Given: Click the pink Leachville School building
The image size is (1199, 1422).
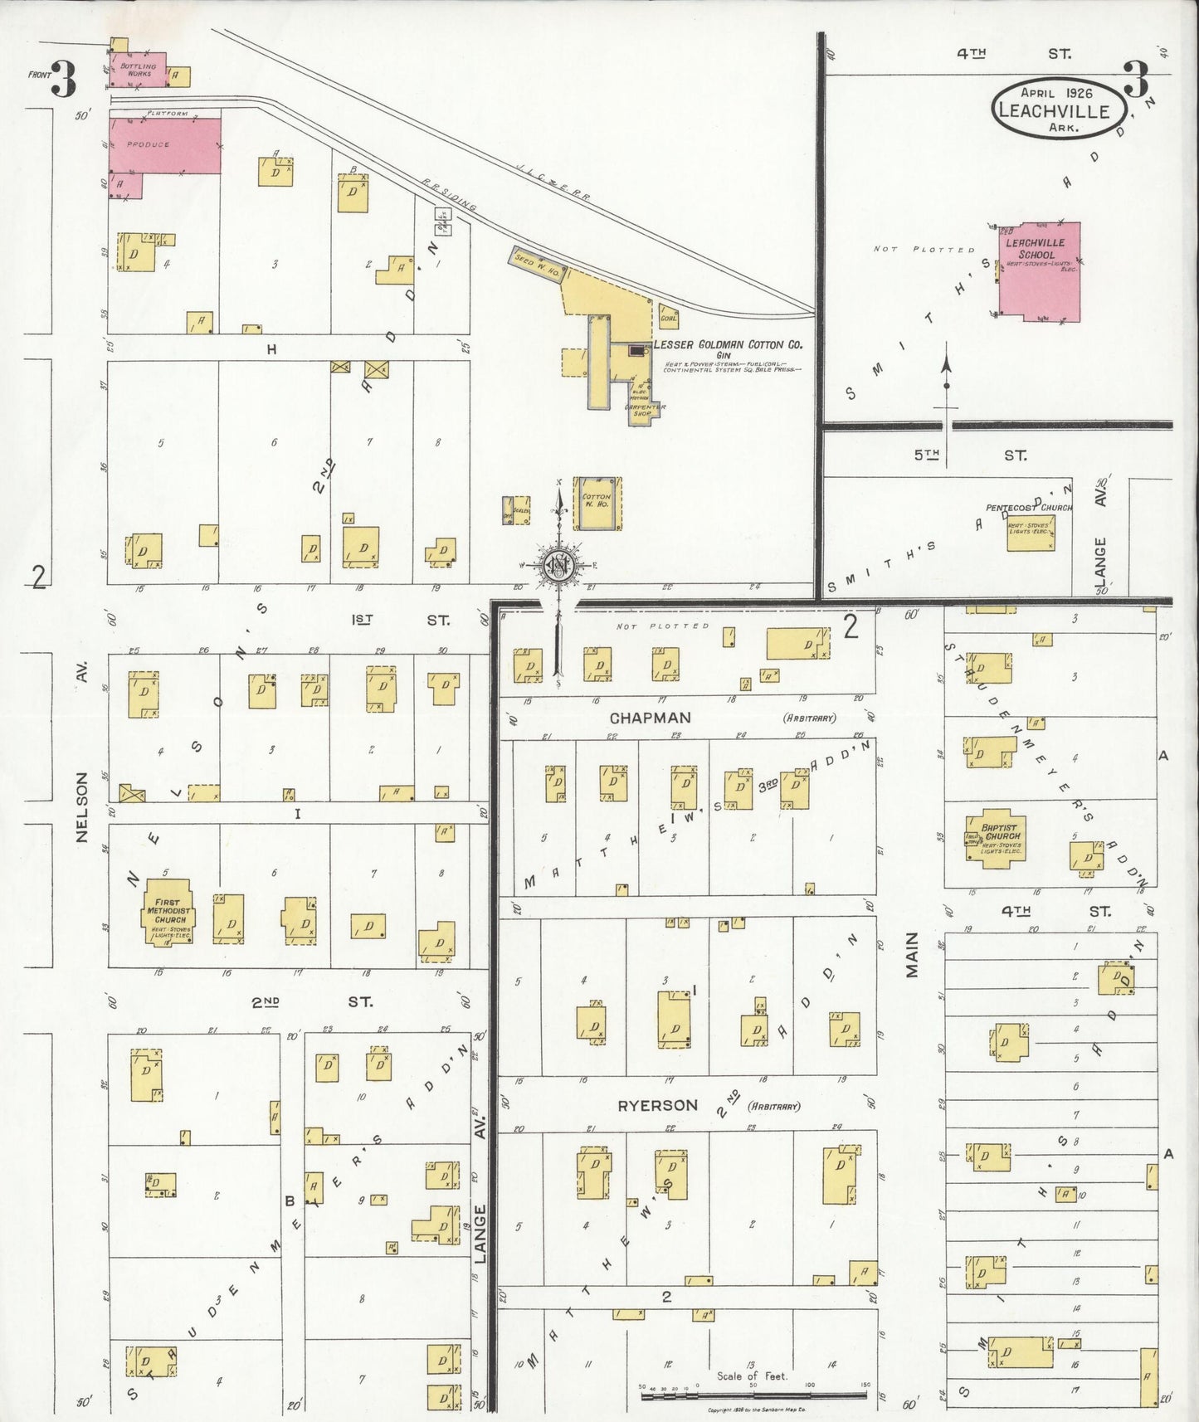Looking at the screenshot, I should [x=1039, y=272].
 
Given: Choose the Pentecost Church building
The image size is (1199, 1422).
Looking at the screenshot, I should [x=1031, y=530].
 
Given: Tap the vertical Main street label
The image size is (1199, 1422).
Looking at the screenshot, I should [x=912, y=954].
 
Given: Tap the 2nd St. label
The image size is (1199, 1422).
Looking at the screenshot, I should [x=311, y=1002].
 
